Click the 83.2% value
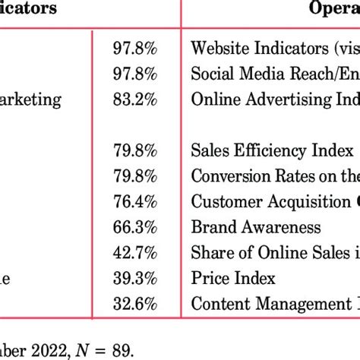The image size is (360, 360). [x=136, y=99]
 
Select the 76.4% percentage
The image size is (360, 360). [x=136, y=201]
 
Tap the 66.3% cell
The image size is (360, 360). [x=136, y=227]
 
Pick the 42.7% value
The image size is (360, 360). [x=136, y=253]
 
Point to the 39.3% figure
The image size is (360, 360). [x=136, y=279]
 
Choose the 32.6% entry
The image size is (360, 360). [x=136, y=305]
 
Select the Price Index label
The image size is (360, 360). [x=232, y=279]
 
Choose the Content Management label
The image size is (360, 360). [x=273, y=305]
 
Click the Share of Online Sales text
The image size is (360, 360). [x=273, y=253]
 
